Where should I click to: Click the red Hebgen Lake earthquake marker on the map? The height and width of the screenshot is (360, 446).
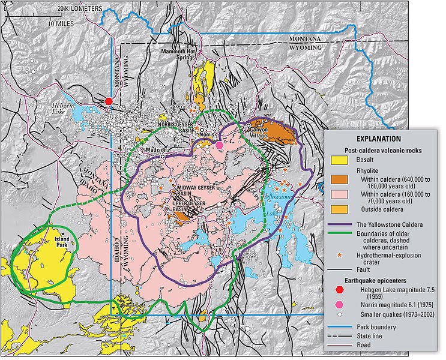click(109, 101)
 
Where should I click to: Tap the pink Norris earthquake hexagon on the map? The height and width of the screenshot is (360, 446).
click(220, 145)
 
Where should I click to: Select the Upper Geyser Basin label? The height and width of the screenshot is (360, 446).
click(187, 208)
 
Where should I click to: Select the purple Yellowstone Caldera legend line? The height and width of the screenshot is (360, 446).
click(342, 225)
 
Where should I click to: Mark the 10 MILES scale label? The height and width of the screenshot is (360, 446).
click(65, 23)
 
